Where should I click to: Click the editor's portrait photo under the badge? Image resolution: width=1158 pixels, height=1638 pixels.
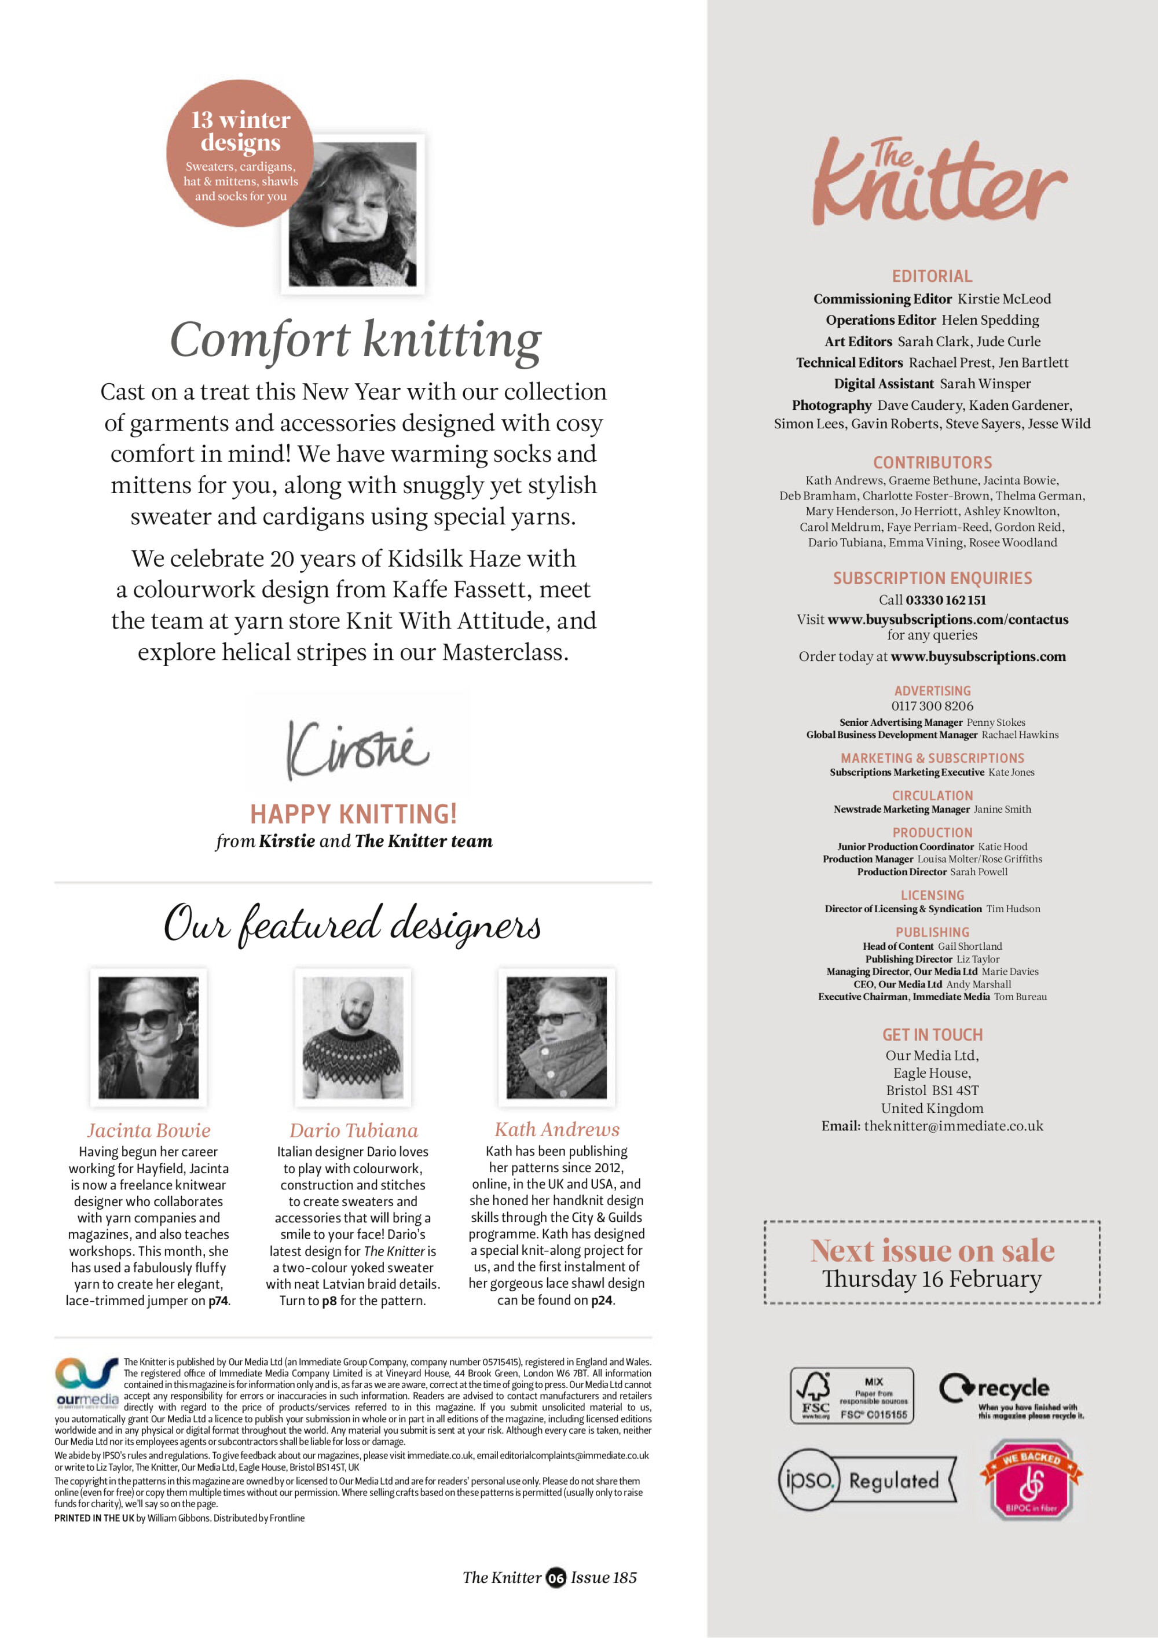[353, 215]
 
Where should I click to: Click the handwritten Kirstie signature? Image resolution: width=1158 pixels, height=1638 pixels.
[357, 749]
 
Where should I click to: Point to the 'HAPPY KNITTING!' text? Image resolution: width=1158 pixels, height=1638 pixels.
[353, 814]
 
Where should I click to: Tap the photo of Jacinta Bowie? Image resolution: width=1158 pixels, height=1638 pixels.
[148, 1037]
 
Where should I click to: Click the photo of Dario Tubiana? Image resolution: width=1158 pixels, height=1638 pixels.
[353, 1037]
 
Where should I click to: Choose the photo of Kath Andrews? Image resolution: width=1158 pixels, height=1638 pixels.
[556, 1037]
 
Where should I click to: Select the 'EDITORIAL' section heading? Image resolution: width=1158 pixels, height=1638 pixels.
[932, 276]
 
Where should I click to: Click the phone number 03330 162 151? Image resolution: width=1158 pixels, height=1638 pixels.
[946, 600]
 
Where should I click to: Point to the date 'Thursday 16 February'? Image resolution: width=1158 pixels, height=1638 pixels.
[932, 1279]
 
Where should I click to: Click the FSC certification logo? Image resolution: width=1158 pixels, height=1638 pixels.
[851, 1395]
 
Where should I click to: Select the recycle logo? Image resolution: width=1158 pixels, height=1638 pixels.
[1010, 1395]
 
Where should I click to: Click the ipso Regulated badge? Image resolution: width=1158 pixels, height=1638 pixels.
[866, 1481]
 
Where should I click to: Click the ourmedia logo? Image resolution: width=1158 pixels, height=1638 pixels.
[87, 1383]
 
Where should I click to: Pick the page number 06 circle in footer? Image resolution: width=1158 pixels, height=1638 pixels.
[556, 1578]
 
